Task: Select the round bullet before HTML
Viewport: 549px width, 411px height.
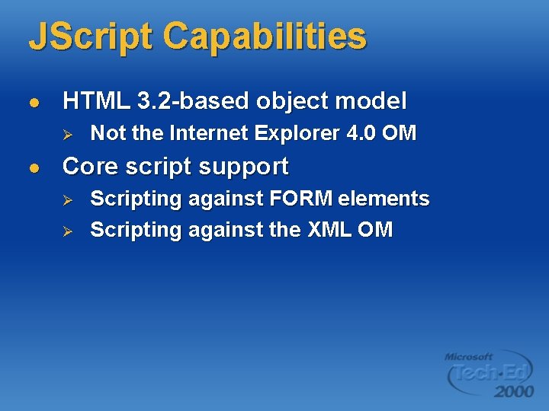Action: [32, 101]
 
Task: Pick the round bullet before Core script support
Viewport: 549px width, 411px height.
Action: [32, 167]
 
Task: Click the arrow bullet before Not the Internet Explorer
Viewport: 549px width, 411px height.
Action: [66, 134]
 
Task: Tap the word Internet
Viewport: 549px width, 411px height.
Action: [211, 133]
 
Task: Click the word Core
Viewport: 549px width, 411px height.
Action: [91, 166]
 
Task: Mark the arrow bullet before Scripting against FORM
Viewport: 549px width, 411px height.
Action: [66, 199]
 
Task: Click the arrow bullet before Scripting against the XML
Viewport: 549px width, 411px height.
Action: [66, 231]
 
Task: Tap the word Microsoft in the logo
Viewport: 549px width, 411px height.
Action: [468, 356]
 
